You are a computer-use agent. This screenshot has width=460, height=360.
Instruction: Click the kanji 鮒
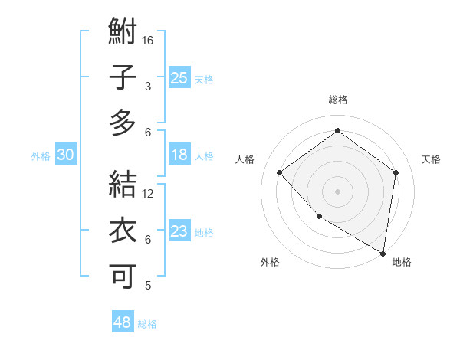(x=123, y=32)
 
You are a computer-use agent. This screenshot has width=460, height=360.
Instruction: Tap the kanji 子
(x=123, y=78)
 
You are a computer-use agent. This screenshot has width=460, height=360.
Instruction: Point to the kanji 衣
(x=123, y=231)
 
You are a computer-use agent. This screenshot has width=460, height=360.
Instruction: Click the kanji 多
(x=123, y=123)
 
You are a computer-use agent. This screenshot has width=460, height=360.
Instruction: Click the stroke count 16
(x=148, y=40)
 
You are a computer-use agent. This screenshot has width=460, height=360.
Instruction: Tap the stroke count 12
(x=148, y=193)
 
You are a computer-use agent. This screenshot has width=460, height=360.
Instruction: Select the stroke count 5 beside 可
(x=148, y=286)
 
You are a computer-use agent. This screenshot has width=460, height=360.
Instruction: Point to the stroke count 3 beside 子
(x=147, y=86)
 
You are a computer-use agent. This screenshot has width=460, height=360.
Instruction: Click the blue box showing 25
(x=179, y=77)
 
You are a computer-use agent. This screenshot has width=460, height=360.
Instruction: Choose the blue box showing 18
(x=179, y=155)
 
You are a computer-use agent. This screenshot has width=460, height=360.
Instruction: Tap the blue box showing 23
(x=179, y=231)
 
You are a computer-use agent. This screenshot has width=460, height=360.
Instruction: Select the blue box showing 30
(x=65, y=155)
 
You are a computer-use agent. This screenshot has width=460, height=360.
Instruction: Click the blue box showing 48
(x=122, y=322)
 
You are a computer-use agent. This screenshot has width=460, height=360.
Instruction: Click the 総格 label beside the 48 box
(x=148, y=324)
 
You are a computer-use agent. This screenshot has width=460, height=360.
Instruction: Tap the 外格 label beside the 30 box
(x=41, y=156)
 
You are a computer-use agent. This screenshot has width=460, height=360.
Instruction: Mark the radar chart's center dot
(x=337, y=191)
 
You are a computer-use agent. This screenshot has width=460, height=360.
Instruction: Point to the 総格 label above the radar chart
(x=337, y=100)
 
